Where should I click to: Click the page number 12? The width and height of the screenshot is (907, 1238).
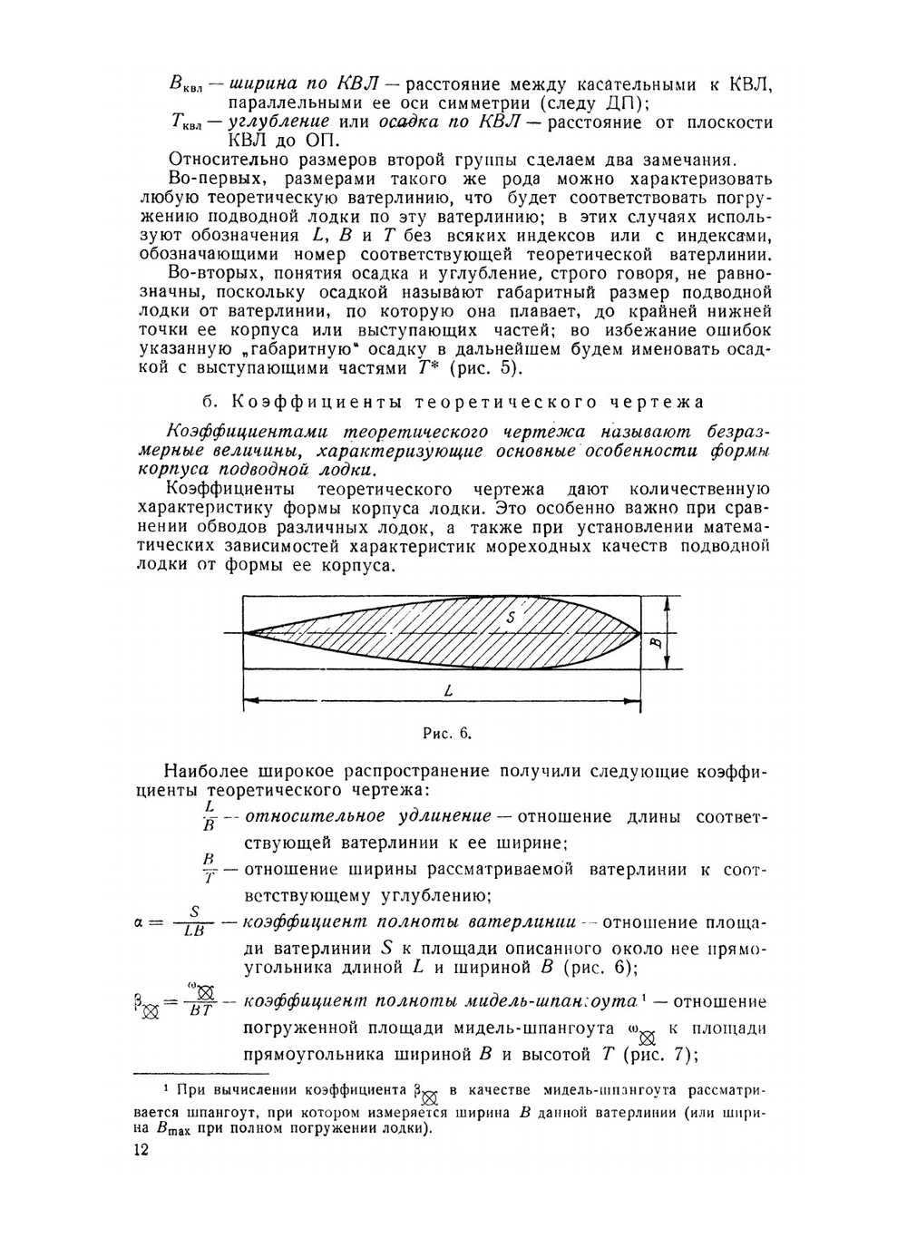141,1150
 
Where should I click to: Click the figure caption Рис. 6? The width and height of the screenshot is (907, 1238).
447,733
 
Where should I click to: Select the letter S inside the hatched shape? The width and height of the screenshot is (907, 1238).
511,617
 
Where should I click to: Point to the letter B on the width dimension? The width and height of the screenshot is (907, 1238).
656,643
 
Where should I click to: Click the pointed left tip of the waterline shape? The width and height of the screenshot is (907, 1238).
247,632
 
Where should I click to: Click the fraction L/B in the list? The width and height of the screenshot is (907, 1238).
209,815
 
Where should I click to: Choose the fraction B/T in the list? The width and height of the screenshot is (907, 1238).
209,868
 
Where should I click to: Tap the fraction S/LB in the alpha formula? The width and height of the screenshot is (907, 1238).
193,921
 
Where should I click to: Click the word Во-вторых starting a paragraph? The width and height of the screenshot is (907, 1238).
211,273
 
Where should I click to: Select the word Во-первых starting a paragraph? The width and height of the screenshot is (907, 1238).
212,179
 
